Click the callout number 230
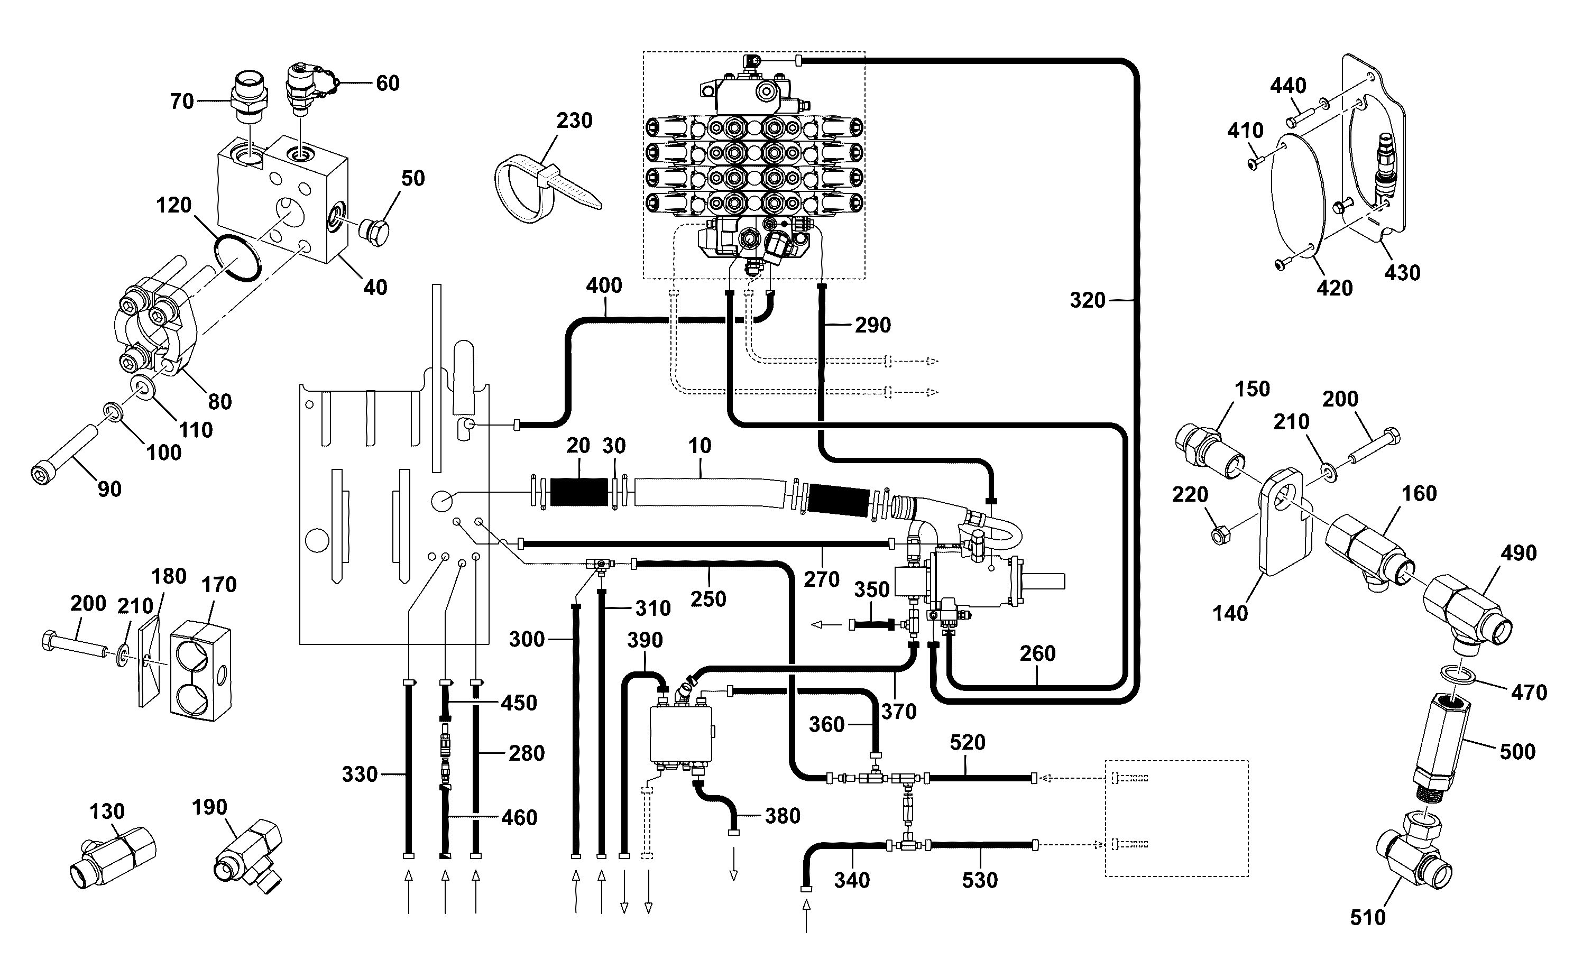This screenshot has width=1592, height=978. coord(574,121)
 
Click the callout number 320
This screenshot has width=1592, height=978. coord(1088,300)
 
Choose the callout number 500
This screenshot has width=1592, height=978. coord(1517,752)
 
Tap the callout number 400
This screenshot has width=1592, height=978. coord(604,285)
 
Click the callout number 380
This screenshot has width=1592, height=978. coord(783,816)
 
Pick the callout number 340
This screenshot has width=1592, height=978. coord(852,880)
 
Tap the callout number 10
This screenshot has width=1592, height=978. coord(700,446)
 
